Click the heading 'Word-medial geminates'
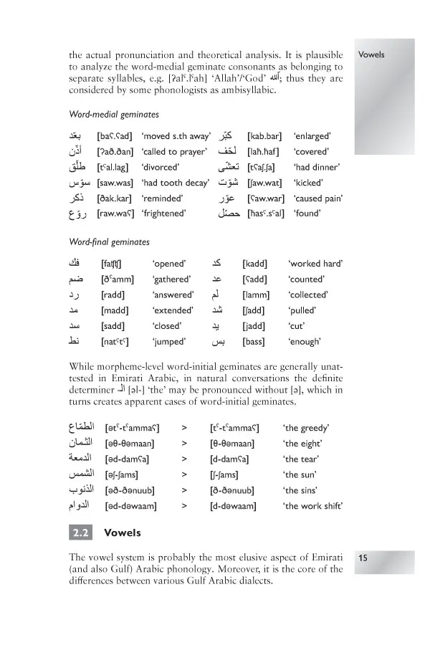click(113, 115)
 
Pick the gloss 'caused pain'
click(318, 198)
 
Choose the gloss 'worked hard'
click(316, 264)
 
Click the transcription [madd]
click(115, 310)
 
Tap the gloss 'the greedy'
click(306, 429)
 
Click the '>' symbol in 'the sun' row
click(185, 475)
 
